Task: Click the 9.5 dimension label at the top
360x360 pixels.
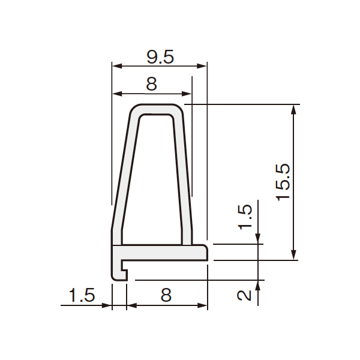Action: (160, 57)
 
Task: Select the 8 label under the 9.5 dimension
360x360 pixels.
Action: (152, 84)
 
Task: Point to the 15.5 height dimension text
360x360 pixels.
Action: (283, 182)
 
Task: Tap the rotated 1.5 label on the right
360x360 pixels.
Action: (245, 217)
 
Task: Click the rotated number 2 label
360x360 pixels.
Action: (244, 295)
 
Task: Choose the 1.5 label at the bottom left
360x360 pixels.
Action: (82, 295)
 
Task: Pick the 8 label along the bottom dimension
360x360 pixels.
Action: (166, 295)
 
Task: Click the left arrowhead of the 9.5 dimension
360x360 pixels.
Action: (117, 67)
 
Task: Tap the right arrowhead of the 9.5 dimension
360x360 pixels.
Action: (202, 67)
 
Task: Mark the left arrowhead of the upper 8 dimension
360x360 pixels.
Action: (117, 94)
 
